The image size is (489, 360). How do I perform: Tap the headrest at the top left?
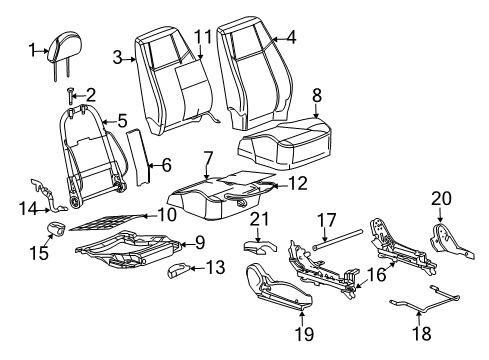[x=68, y=45]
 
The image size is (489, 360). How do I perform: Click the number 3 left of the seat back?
[x=291, y=39]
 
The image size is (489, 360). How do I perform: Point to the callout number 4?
[x=122, y=121]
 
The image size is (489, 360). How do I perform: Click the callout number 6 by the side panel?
[x=207, y=158]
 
